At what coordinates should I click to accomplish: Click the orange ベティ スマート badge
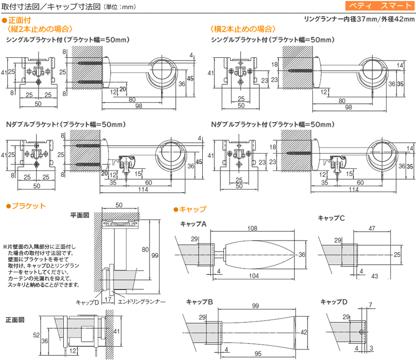click(x=380, y=6)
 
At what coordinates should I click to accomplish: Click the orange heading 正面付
click(x=19, y=20)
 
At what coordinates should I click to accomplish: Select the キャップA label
click(x=193, y=224)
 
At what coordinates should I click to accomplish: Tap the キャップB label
click(x=199, y=302)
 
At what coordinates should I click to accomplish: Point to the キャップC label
click(x=331, y=218)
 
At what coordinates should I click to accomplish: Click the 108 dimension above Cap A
click(x=252, y=228)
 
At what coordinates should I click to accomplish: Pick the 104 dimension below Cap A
click(x=254, y=276)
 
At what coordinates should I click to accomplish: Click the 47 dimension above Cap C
click(x=372, y=228)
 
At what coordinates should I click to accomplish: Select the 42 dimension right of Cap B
click(x=304, y=332)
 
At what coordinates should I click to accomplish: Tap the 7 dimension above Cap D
click(x=370, y=305)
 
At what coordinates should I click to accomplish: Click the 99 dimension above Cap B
click(x=255, y=306)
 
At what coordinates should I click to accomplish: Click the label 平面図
click(x=80, y=215)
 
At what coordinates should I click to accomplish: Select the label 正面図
click(x=15, y=319)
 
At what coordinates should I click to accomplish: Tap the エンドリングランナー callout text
click(x=142, y=302)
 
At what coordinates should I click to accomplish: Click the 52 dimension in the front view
click(x=36, y=335)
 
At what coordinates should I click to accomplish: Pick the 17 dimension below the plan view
click(x=108, y=299)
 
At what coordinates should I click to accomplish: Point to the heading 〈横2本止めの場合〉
click(x=243, y=29)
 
